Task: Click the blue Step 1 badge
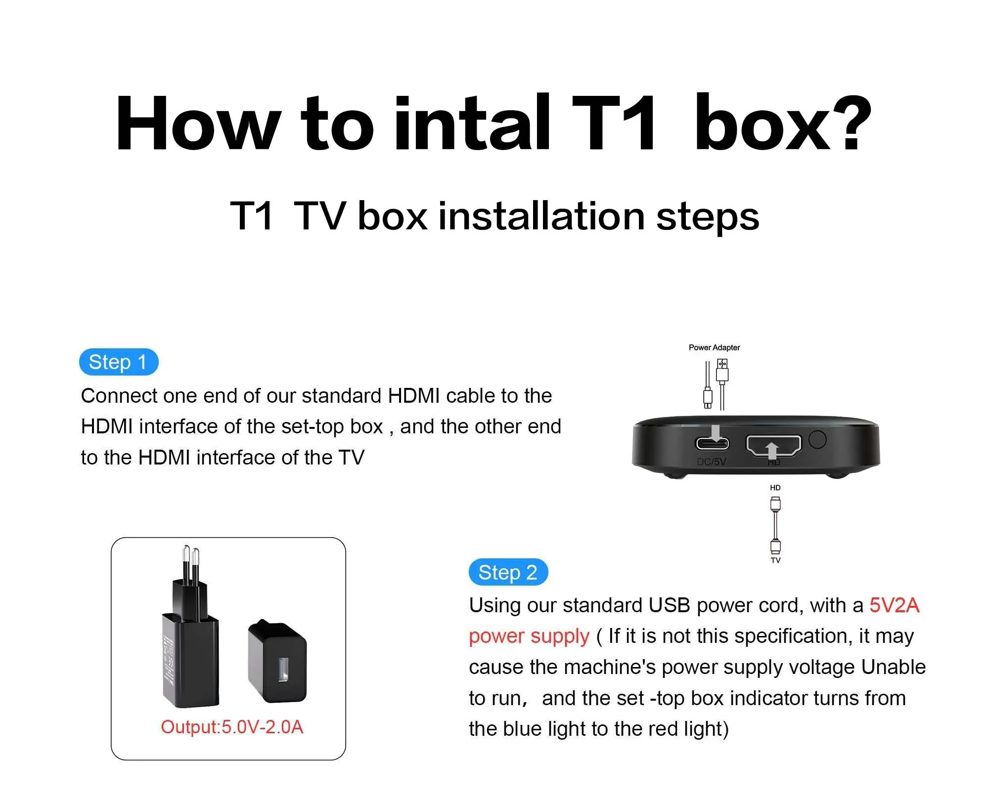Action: pyautogui.click(x=119, y=362)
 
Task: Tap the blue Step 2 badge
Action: pyautogui.click(x=508, y=573)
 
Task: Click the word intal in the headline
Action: pyautogui.click(x=472, y=123)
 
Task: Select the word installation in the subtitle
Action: pyautogui.click(x=541, y=216)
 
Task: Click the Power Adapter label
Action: pyautogui.click(x=714, y=347)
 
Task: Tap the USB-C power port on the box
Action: pyautogui.click(x=712, y=443)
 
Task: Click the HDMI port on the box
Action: pyautogui.click(x=773, y=445)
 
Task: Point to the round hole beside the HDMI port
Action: pyautogui.click(x=817, y=439)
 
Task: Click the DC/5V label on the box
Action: pyautogui.click(x=711, y=462)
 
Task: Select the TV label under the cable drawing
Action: pyautogui.click(x=775, y=560)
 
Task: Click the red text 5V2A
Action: pyautogui.click(x=895, y=605)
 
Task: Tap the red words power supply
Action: pyautogui.click(x=529, y=637)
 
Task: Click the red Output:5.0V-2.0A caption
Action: pyautogui.click(x=232, y=727)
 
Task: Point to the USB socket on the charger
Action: pyautogui.click(x=283, y=669)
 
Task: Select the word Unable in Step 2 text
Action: pyautogui.click(x=894, y=667)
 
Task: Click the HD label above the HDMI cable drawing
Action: pyautogui.click(x=775, y=488)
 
